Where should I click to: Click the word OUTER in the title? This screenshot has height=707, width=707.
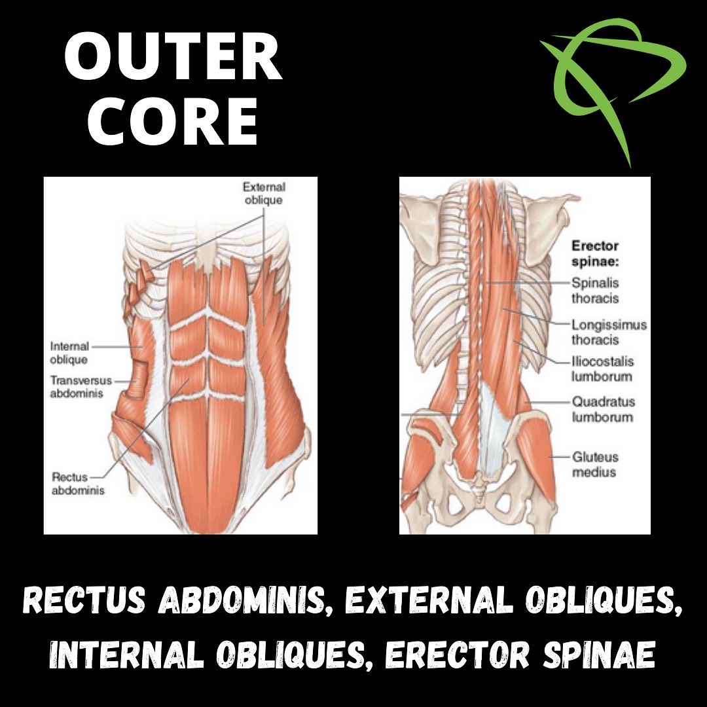click(173, 58)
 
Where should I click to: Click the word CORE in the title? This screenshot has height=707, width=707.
click(173, 121)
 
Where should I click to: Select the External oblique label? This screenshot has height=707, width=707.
click(264, 193)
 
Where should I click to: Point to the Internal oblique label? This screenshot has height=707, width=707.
click(70, 353)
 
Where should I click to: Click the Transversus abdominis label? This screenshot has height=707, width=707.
click(81, 387)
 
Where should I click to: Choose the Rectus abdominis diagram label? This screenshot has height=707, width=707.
click(78, 483)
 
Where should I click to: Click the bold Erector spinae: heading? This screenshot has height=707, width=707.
click(595, 254)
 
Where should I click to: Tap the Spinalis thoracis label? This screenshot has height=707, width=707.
click(595, 291)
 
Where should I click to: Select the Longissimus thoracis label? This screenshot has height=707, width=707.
click(609, 332)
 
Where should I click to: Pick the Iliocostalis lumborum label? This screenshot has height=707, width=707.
click(602, 369)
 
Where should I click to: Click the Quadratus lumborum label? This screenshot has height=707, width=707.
click(604, 409)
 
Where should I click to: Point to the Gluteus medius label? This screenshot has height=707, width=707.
click(595, 464)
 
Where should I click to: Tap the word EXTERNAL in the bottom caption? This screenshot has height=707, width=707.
click(429, 600)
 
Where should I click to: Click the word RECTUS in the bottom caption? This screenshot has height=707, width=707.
click(84, 600)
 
